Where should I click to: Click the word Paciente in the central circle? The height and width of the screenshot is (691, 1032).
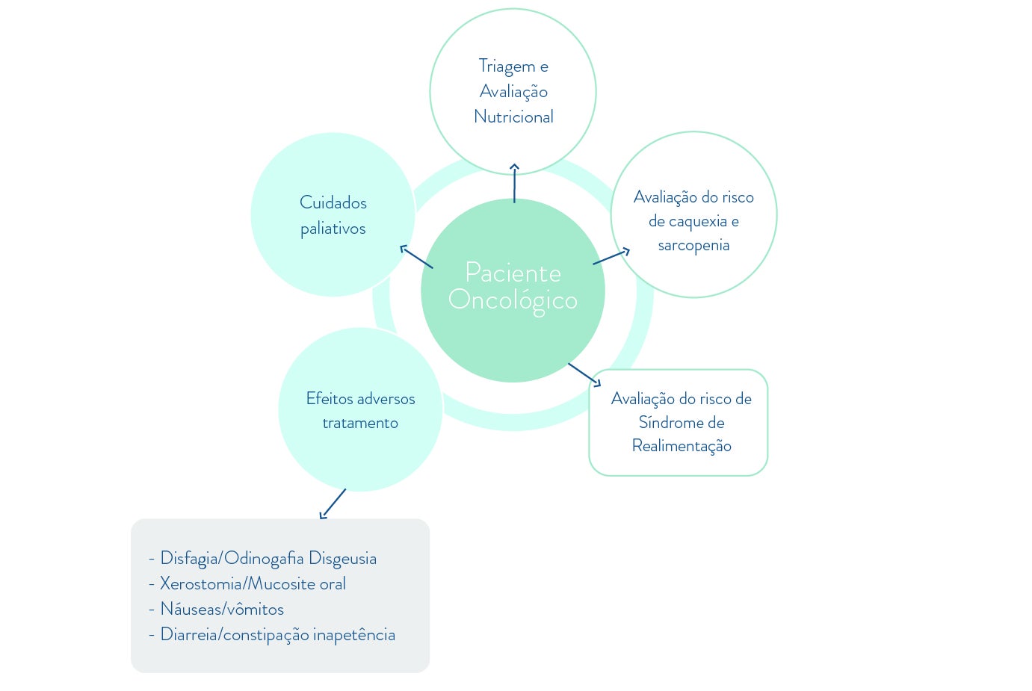[x=513, y=273]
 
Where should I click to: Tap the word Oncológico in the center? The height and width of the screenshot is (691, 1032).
[x=513, y=300]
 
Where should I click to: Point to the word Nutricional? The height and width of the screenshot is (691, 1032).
[x=513, y=117]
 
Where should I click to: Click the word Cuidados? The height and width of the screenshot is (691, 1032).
[x=333, y=202]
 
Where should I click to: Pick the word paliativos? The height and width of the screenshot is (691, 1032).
[x=333, y=229]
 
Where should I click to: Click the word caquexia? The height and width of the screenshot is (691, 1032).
[x=698, y=221]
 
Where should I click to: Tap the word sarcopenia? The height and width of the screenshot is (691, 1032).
[x=693, y=245]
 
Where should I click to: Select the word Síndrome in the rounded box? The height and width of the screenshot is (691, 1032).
[x=664, y=422]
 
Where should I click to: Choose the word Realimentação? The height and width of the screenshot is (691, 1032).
[x=682, y=446]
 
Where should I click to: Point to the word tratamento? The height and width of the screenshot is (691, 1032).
[x=360, y=423]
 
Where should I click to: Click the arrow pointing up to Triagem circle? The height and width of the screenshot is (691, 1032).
[x=514, y=183]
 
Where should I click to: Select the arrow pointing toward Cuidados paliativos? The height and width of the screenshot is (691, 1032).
[x=416, y=257]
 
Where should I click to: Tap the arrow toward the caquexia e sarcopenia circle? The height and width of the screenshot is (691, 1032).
[x=611, y=257]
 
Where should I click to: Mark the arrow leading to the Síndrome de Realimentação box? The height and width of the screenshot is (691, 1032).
[x=584, y=374]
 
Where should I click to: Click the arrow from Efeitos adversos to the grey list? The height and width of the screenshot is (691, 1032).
[x=333, y=503]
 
